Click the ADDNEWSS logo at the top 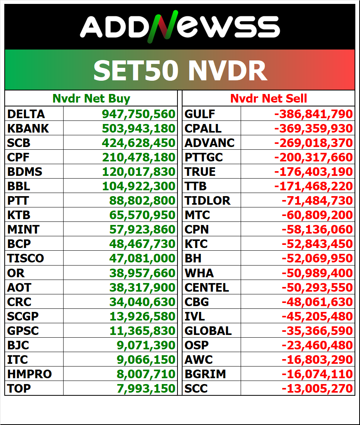pyautogui.click(x=180, y=27)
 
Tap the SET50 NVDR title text pyautogui.click(x=180, y=71)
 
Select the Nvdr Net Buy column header pyautogui.click(x=91, y=99)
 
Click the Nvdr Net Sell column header pyautogui.click(x=268, y=99)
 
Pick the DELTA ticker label pyautogui.click(x=26, y=114)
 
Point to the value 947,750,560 pyautogui.click(x=138, y=114)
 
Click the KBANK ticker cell pyautogui.click(x=28, y=129)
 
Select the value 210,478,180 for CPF pyautogui.click(x=138, y=158)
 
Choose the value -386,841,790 pyautogui.click(x=314, y=114)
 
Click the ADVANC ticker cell pyautogui.click(x=209, y=143)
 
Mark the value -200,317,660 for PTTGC pyautogui.click(x=314, y=158)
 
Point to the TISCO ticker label pyautogui.click(x=25, y=258)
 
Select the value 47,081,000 pyautogui.click(x=142, y=258)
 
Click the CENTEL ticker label pyautogui.click(x=207, y=287)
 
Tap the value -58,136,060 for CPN pyautogui.click(x=317, y=229)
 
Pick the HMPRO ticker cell pyautogui.click(x=30, y=374)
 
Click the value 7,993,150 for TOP pyautogui.click(x=146, y=388)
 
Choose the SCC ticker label pyautogui.click(x=196, y=388)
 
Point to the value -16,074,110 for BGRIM pyautogui.click(x=317, y=374)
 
